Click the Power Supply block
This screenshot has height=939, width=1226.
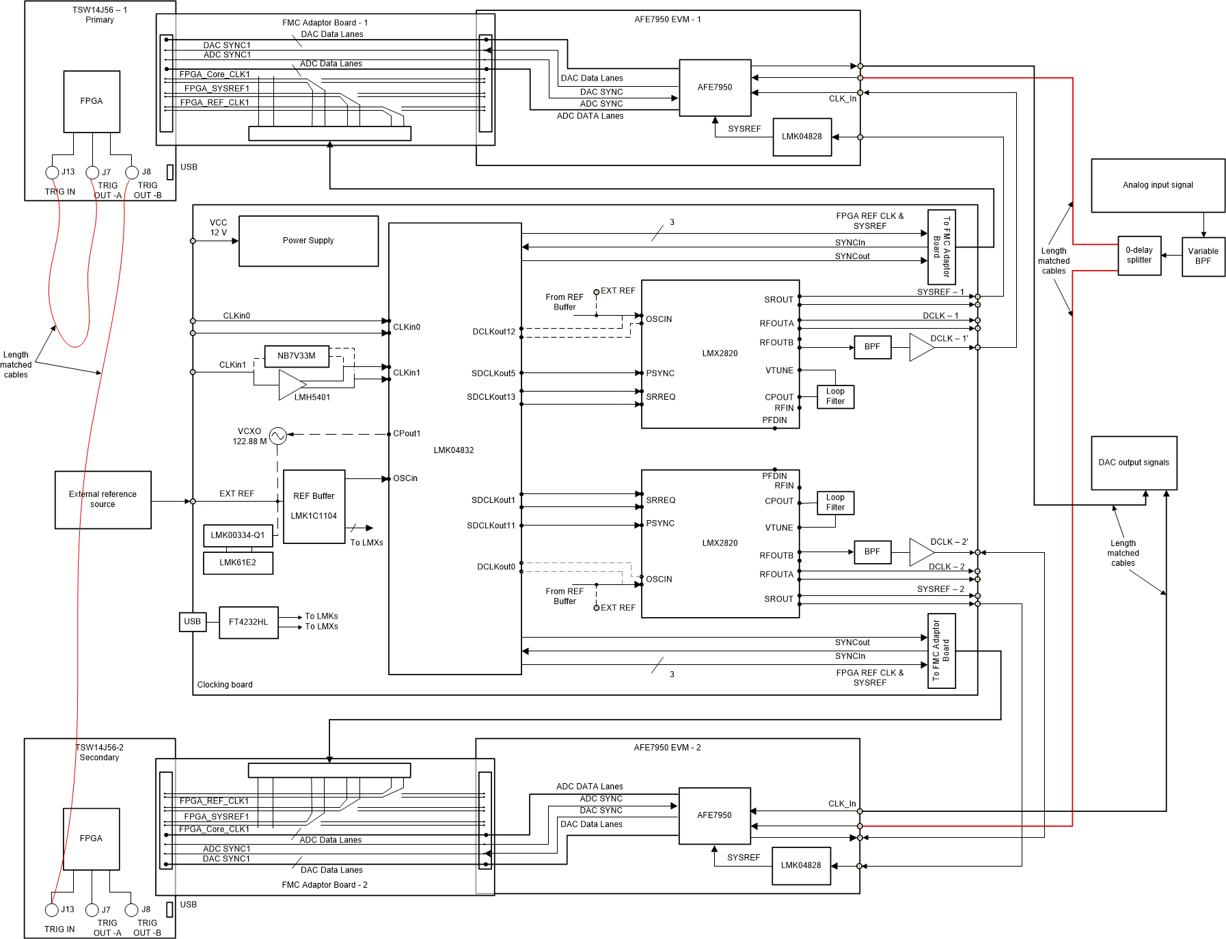pos(308,241)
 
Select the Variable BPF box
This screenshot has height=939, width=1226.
pos(1203,256)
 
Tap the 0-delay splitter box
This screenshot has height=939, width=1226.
pos(1139,256)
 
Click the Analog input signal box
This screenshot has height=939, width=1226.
pos(1158,185)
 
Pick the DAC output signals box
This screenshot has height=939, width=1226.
pos(1134,463)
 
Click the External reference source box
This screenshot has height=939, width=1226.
pos(103,500)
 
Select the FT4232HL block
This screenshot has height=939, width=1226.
pos(248,623)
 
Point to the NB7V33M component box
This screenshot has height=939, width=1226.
pos(297,356)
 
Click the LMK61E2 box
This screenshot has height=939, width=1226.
pos(238,563)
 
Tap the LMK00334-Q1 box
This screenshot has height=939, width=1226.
pos(238,535)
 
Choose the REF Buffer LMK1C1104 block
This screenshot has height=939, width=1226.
pos(314,506)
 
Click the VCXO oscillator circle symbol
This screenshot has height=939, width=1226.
pos(277,435)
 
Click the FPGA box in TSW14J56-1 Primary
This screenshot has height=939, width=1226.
pos(92,101)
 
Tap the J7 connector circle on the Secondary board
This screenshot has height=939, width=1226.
pos(92,910)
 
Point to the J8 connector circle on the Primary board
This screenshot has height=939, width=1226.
pos(132,172)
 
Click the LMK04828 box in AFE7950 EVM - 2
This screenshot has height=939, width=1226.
pos(801,866)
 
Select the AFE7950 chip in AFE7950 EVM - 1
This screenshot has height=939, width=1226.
pos(715,87)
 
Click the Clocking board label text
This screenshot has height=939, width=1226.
pos(225,685)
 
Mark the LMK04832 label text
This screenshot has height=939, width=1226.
pos(454,450)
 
